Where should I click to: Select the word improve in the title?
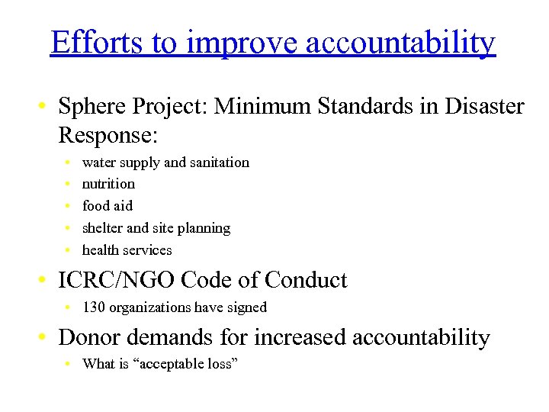click(x=241, y=44)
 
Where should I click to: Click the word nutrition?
click(x=108, y=184)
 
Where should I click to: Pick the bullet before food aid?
click(x=68, y=206)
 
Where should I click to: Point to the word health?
click(x=101, y=250)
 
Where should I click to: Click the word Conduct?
click(x=306, y=280)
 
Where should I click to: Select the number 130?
click(x=94, y=307)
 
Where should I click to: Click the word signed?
click(x=246, y=307)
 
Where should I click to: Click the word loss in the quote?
click(x=221, y=364)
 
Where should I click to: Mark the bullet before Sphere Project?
click(x=46, y=108)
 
